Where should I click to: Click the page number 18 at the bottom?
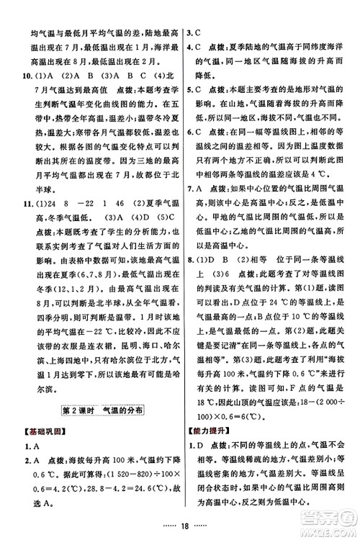179,527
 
